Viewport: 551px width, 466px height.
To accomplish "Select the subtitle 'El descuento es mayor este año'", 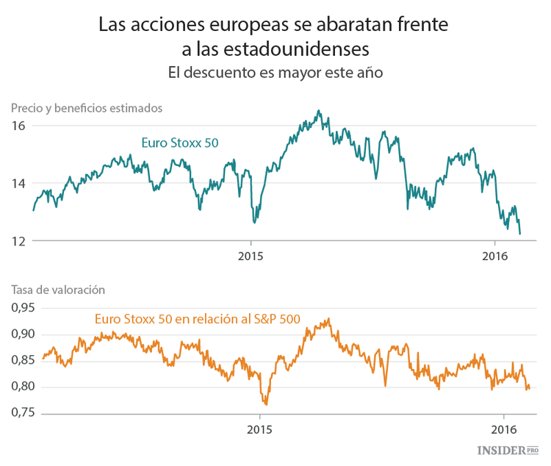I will pos(275,73).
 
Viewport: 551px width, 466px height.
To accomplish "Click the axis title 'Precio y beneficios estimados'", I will pos(87,108).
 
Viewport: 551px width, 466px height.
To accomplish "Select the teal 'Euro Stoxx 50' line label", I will pos(179,143).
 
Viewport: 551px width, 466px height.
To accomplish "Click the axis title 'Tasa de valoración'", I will pos(59,290).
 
